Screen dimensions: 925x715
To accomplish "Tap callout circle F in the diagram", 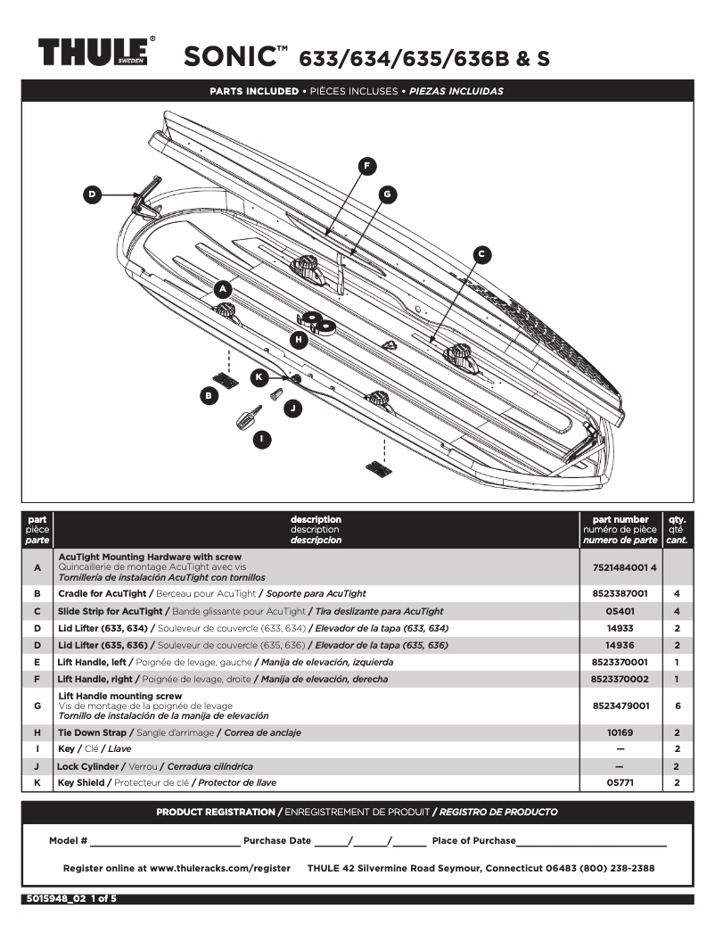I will point(366,165).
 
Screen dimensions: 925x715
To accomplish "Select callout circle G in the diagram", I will point(386,193).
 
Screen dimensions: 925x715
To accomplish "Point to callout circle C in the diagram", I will point(481,254).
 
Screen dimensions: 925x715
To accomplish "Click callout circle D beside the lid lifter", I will point(92,194).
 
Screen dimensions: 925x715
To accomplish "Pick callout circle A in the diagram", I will point(223,289).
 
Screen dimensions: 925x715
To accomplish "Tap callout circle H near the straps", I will point(299,339).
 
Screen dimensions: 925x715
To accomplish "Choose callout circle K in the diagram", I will point(259,377).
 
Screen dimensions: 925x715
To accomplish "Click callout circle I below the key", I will point(261,439).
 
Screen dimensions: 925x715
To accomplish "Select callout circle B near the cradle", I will point(209,394).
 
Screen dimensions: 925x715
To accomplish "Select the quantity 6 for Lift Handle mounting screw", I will point(678,705).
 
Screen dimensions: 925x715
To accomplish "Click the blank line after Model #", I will point(165,840).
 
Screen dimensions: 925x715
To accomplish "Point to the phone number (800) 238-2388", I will point(617,868).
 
